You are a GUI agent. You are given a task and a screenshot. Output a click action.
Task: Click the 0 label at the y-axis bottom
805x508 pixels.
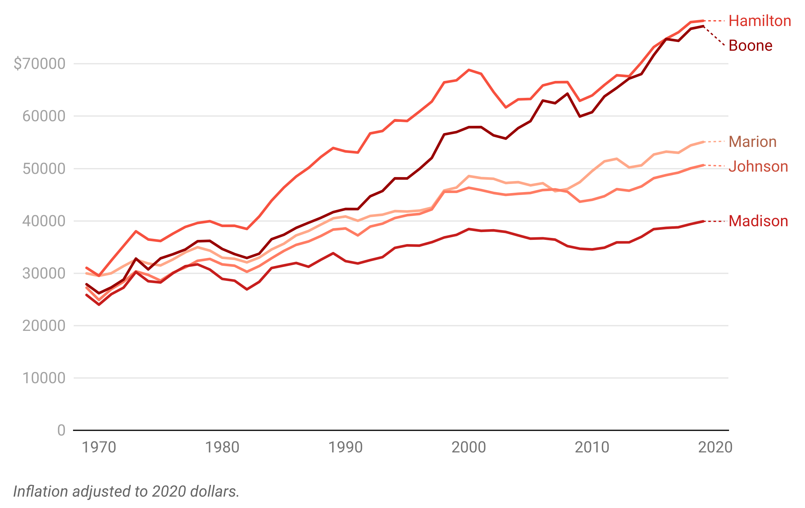(x=60, y=429)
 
